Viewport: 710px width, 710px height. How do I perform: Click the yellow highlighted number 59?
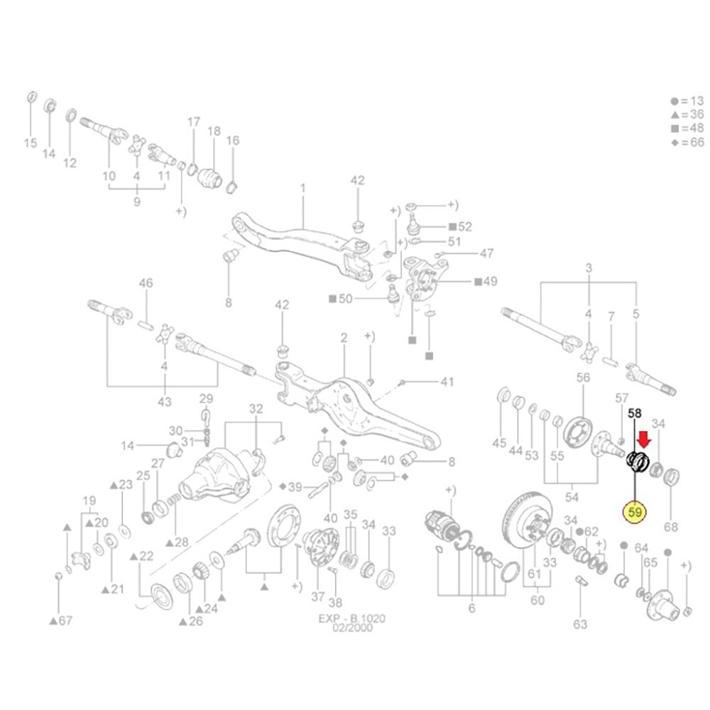coord(635,512)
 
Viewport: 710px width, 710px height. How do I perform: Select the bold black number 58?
coord(634,413)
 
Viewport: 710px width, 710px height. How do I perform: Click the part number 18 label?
coord(214,131)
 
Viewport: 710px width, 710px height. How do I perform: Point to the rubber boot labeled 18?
coord(209,177)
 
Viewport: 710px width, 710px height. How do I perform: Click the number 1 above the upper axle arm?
coord(303,187)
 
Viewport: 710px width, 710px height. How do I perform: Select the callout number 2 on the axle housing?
coord(344,338)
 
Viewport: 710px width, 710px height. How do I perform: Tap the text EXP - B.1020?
coord(352,618)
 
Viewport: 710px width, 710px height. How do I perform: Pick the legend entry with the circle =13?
coord(687,101)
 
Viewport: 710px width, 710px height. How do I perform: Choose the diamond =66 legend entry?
coord(687,142)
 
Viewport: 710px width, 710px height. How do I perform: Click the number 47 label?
coord(487,253)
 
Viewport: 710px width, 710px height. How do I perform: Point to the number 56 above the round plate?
coord(583,377)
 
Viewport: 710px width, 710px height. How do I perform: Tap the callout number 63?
coord(580,624)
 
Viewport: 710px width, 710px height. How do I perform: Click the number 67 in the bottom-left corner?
coord(65,621)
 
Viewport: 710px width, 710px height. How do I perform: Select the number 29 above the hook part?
coord(206,399)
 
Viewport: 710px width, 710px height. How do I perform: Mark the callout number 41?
coord(447,382)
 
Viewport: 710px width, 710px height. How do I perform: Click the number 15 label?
coord(31,143)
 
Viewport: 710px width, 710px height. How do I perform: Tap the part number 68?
coord(671,527)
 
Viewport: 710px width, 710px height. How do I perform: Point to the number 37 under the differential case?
coord(318,597)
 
